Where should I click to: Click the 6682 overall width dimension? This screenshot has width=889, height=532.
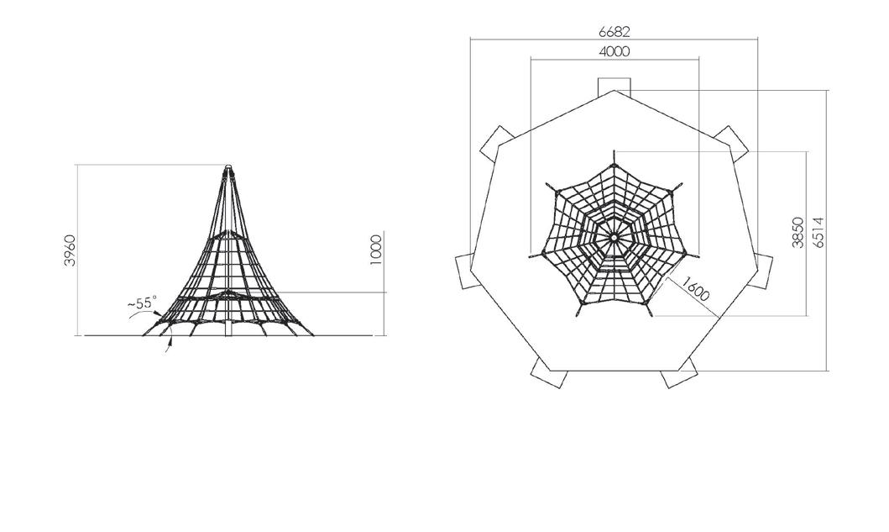tap(614, 33)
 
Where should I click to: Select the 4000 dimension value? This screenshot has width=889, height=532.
tap(614, 51)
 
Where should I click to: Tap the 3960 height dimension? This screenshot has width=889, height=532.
tap(69, 250)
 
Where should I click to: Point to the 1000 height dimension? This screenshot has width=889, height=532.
tap(375, 250)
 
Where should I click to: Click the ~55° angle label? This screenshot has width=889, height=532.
tap(141, 303)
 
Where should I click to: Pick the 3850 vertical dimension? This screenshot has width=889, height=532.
tap(798, 232)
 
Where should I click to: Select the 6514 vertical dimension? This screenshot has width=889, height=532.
tap(818, 232)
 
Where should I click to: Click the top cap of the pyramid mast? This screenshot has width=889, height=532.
tap(228, 168)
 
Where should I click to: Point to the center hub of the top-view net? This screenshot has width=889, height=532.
tap(614, 238)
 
